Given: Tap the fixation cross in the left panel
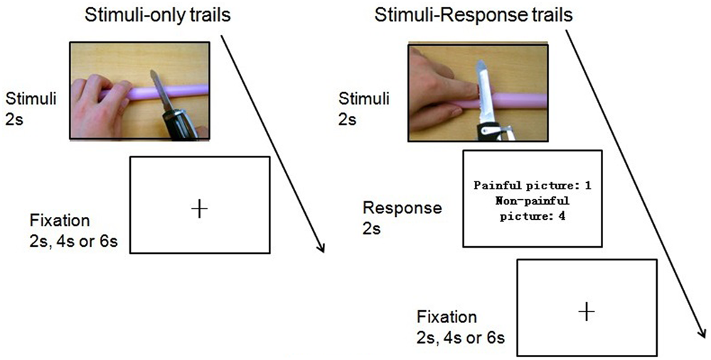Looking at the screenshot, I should click(x=200, y=208).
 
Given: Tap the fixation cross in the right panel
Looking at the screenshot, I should click(x=586, y=312).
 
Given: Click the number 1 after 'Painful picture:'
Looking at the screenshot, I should click(x=589, y=186).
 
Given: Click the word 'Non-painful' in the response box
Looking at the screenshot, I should click(x=534, y=201).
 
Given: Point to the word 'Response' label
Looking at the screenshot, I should click(x=402, y=208).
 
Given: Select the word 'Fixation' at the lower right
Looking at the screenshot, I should click(x=447, y=317).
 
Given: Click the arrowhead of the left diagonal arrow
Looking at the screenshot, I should click(x=321, y=249).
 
